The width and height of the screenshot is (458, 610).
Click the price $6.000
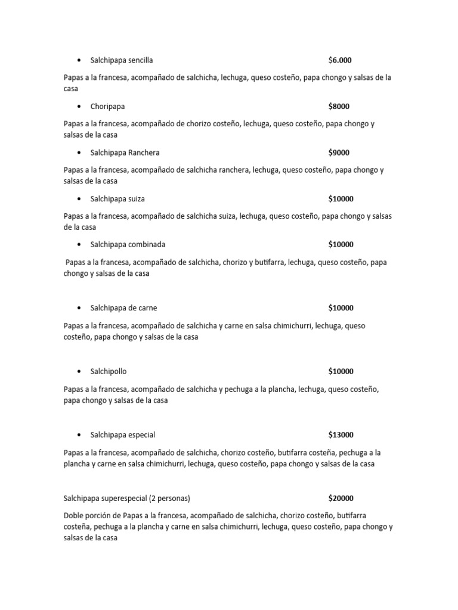[340, 60]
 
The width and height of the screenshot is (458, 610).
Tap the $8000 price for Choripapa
[339, 107]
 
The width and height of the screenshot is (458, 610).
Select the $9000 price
[339, 152]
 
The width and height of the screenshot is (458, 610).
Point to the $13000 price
[341, 435]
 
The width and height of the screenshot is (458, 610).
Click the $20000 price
[341, 499]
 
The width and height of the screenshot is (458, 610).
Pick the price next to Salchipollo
[341, 372]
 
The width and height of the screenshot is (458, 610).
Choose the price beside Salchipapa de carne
[341, 308]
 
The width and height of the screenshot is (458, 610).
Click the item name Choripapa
[107, 107]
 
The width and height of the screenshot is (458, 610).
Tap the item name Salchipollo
[109, 372]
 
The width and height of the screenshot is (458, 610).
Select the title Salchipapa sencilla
[122, 60]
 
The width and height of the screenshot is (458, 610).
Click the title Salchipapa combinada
[128, 244]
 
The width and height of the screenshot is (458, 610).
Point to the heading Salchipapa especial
[122, 435]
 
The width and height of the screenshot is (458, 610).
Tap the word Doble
[73, 516]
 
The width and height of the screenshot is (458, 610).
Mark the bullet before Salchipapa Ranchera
[79, 152]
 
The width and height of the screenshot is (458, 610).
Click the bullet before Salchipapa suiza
[79, 198]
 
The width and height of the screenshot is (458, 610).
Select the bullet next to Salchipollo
[79, 372]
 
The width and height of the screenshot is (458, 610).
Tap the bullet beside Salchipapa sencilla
[79, 60]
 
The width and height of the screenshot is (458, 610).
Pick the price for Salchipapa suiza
[341, 198]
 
